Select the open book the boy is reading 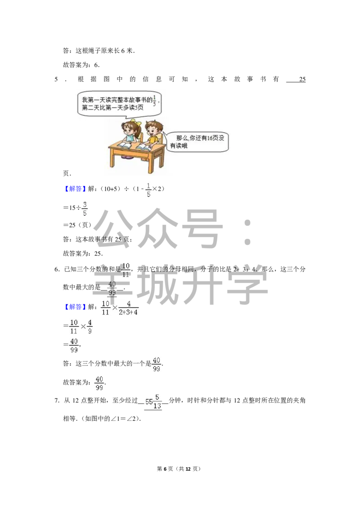145,147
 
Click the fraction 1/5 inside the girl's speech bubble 155,99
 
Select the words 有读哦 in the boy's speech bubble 179,146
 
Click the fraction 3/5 85,209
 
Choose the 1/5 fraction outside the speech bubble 149,189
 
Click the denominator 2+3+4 129,313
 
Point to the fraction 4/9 90,326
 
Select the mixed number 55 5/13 154,401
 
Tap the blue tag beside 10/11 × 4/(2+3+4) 75,308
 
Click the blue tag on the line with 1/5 75,189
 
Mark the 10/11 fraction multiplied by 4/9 74,326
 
